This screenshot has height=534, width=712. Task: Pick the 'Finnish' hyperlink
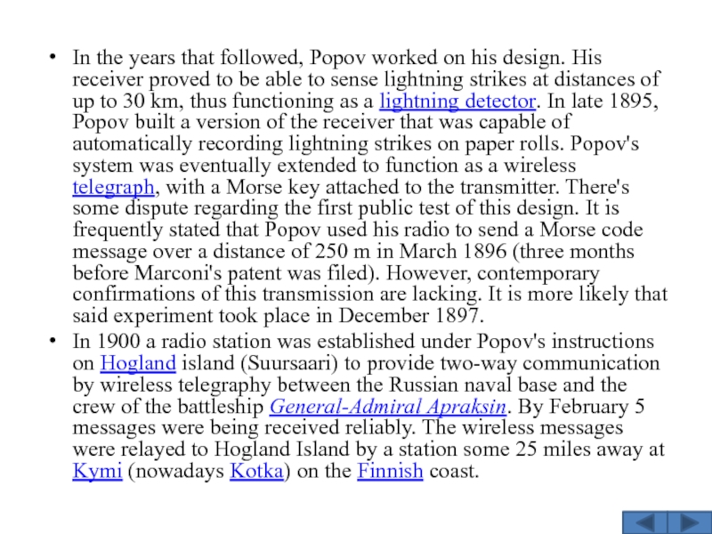390,472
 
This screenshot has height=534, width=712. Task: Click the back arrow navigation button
642,522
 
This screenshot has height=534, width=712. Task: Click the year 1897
459,316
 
